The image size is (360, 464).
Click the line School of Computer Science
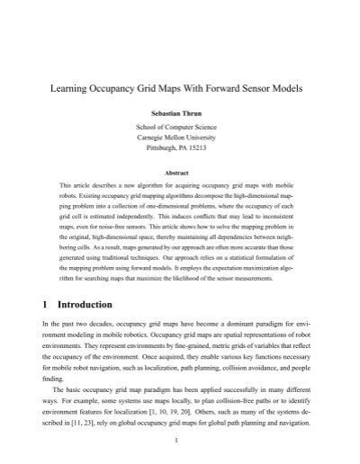pos(180,129)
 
